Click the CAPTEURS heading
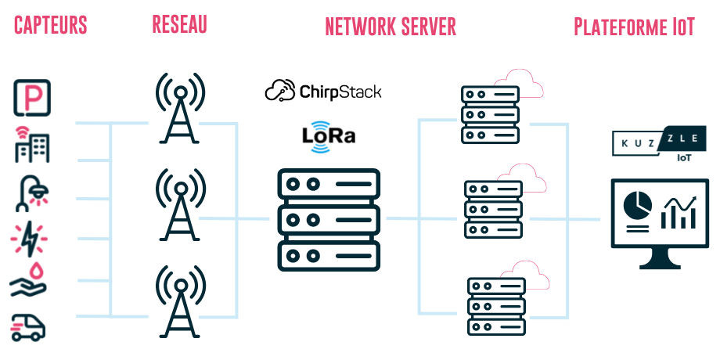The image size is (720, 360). pos(51,25)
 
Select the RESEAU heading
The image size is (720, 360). pos(179,24)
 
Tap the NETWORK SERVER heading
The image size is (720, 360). pos(391,27)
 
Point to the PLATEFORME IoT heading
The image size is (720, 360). pos(634,27)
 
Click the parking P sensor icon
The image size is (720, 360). pos(32,98)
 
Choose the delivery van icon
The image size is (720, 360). pos(29,326)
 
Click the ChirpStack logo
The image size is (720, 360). pos(323,92)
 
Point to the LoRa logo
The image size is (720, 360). pos(329,135)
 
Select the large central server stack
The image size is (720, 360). pos(329,220)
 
